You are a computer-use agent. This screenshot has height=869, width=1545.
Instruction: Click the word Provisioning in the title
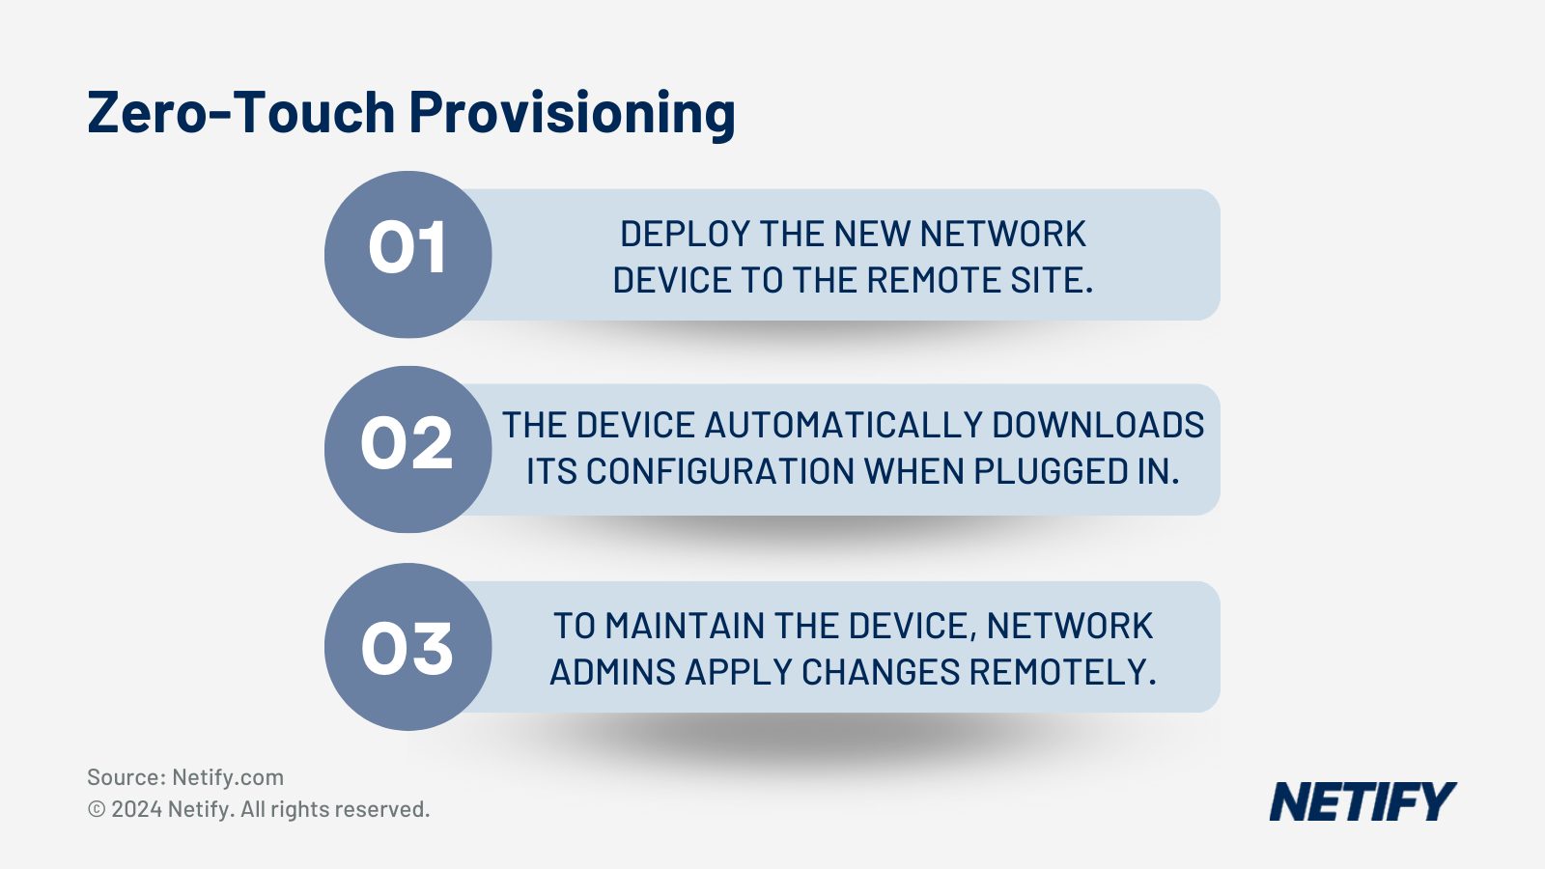[x=572, y=114]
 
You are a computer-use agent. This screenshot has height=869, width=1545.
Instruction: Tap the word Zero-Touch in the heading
[x=241, y=112]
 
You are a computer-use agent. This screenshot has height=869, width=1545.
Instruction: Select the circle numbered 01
[x=407, y=254]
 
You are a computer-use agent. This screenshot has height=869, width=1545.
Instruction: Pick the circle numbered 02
[x=407, y=449]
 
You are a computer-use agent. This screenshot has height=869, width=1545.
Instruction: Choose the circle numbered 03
[x=407, y=647]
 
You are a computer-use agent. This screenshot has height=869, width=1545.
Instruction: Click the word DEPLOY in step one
[x=685, y=234]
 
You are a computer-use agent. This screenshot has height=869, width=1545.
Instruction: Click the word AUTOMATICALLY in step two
[x=843, y=425]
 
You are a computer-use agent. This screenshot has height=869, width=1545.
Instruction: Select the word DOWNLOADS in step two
[x=1098, y=425]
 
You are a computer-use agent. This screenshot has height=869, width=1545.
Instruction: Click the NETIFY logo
[x=1362, y=801]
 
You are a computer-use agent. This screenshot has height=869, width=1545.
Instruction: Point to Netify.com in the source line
[x=228, y=777]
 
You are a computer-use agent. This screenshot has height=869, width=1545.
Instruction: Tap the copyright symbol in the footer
[x=97, y=809]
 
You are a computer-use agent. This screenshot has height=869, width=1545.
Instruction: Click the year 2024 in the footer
[x=136, y=809]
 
